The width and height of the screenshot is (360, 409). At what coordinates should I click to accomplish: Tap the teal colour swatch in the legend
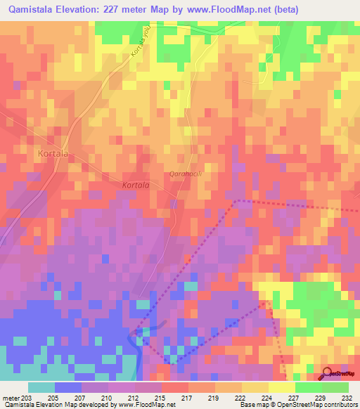click(x=41, y=387)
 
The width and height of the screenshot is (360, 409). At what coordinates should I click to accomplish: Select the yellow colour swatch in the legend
click(x=281, y=387)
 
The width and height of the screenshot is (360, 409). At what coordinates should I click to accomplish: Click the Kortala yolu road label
click(x=140, y=43)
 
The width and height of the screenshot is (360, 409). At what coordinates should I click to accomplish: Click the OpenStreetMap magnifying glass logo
click(x=326, y=373)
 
